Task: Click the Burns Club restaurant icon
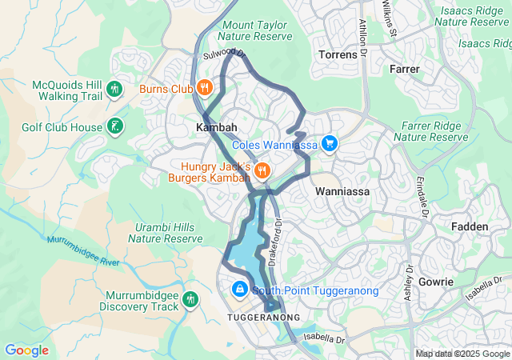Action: [x=205, y=88]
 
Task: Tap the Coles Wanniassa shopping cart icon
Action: [x=330, y=144]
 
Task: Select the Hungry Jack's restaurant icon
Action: [x=262, y=170]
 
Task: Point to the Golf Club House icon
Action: [x=116, y=126]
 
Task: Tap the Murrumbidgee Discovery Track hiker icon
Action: [x=190, y=299]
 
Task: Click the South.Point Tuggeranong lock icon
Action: [x=239, y=289]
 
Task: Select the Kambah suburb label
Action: [x=215, y=128]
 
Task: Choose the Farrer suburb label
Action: [x=404, y=70]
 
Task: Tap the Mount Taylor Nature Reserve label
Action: [x=254, y=31]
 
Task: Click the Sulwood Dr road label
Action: [x=222, y=54]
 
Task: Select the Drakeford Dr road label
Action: [x=276, y=242]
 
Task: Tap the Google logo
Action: [x=26, y=350]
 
